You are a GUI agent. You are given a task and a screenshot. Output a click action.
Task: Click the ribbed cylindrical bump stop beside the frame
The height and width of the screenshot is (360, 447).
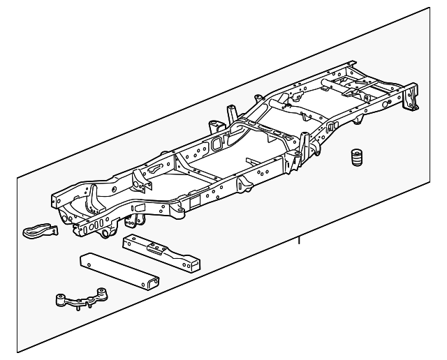click(x=358, y=158)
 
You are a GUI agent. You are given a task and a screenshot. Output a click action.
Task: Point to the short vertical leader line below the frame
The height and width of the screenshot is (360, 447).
click(x=299, y=242)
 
